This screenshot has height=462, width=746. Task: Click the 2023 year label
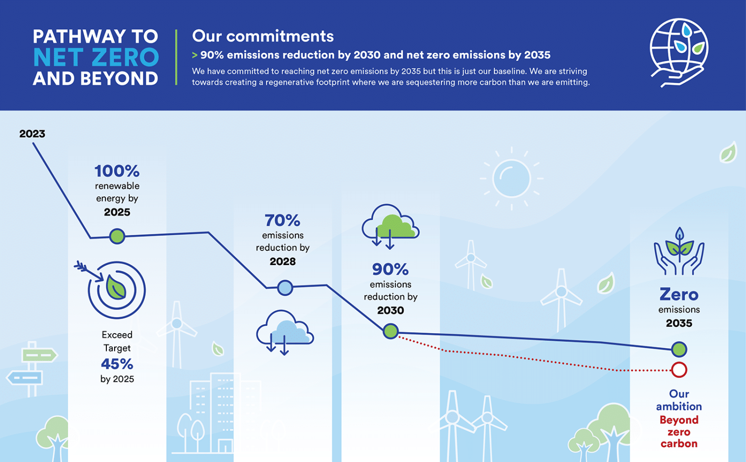click(32, 134)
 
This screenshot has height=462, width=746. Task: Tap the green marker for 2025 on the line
click(117, 236)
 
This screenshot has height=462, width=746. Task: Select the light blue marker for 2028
click(285, 287)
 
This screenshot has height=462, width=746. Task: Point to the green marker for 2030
click(390, 331)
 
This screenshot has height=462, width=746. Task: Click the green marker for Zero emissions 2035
click(679, 349)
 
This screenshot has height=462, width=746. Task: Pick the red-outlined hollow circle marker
click(679, 370)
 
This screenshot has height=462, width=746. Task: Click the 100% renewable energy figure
click(117, 171)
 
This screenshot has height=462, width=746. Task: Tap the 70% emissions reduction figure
click(282, 220)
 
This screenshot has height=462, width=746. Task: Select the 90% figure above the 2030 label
click(390, 269)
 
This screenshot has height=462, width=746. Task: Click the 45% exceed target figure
click(117, 364)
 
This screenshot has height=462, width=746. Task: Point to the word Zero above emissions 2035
click(679, 295)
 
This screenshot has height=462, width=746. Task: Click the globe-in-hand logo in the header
click(678, 53)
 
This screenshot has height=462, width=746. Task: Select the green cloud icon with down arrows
click(390, 227)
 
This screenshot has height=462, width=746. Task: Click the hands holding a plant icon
click(679, 251)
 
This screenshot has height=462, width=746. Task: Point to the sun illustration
click(511, 178)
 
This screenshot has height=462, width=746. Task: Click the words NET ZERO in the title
click(96, 57)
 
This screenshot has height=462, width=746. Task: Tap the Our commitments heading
click(263, 36)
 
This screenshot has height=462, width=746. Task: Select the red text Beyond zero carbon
click(679, 432)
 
